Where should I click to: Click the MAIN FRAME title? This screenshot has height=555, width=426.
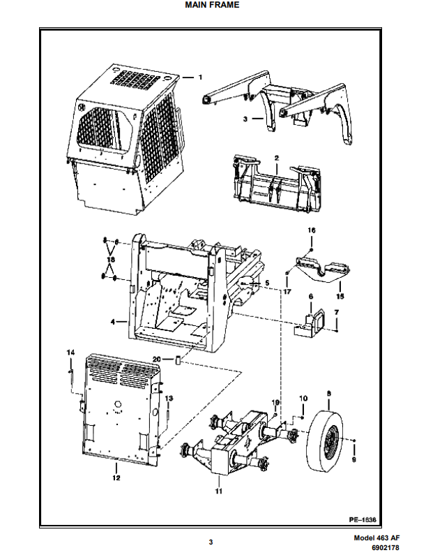212,5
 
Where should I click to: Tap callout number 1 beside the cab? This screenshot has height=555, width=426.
201,76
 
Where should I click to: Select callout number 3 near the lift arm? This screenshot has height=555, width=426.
245,119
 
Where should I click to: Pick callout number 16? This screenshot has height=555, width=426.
312,230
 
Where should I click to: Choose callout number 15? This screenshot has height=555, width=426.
340,286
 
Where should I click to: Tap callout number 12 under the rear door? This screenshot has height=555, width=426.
116,478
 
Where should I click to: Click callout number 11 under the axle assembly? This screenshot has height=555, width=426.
218,491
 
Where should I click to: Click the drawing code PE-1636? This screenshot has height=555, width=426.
363,520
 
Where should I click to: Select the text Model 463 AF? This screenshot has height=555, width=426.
376,538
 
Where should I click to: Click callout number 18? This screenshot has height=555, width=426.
109,259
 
